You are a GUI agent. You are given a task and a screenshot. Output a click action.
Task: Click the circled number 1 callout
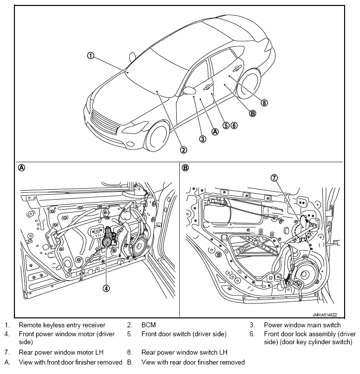click(90, 56)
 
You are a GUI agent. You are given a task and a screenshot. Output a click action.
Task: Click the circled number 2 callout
click(183, 150)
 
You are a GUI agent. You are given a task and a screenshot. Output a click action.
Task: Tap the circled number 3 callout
click(203, 139)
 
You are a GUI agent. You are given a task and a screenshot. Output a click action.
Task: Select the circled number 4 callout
click(106, 287)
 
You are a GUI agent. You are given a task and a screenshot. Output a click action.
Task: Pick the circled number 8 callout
click(264, 103)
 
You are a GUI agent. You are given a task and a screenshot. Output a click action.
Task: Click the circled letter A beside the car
click(215, 132)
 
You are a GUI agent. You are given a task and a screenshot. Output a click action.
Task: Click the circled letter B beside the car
click(252, 113)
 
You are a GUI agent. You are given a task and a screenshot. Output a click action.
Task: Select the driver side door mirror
click(189, 90)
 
